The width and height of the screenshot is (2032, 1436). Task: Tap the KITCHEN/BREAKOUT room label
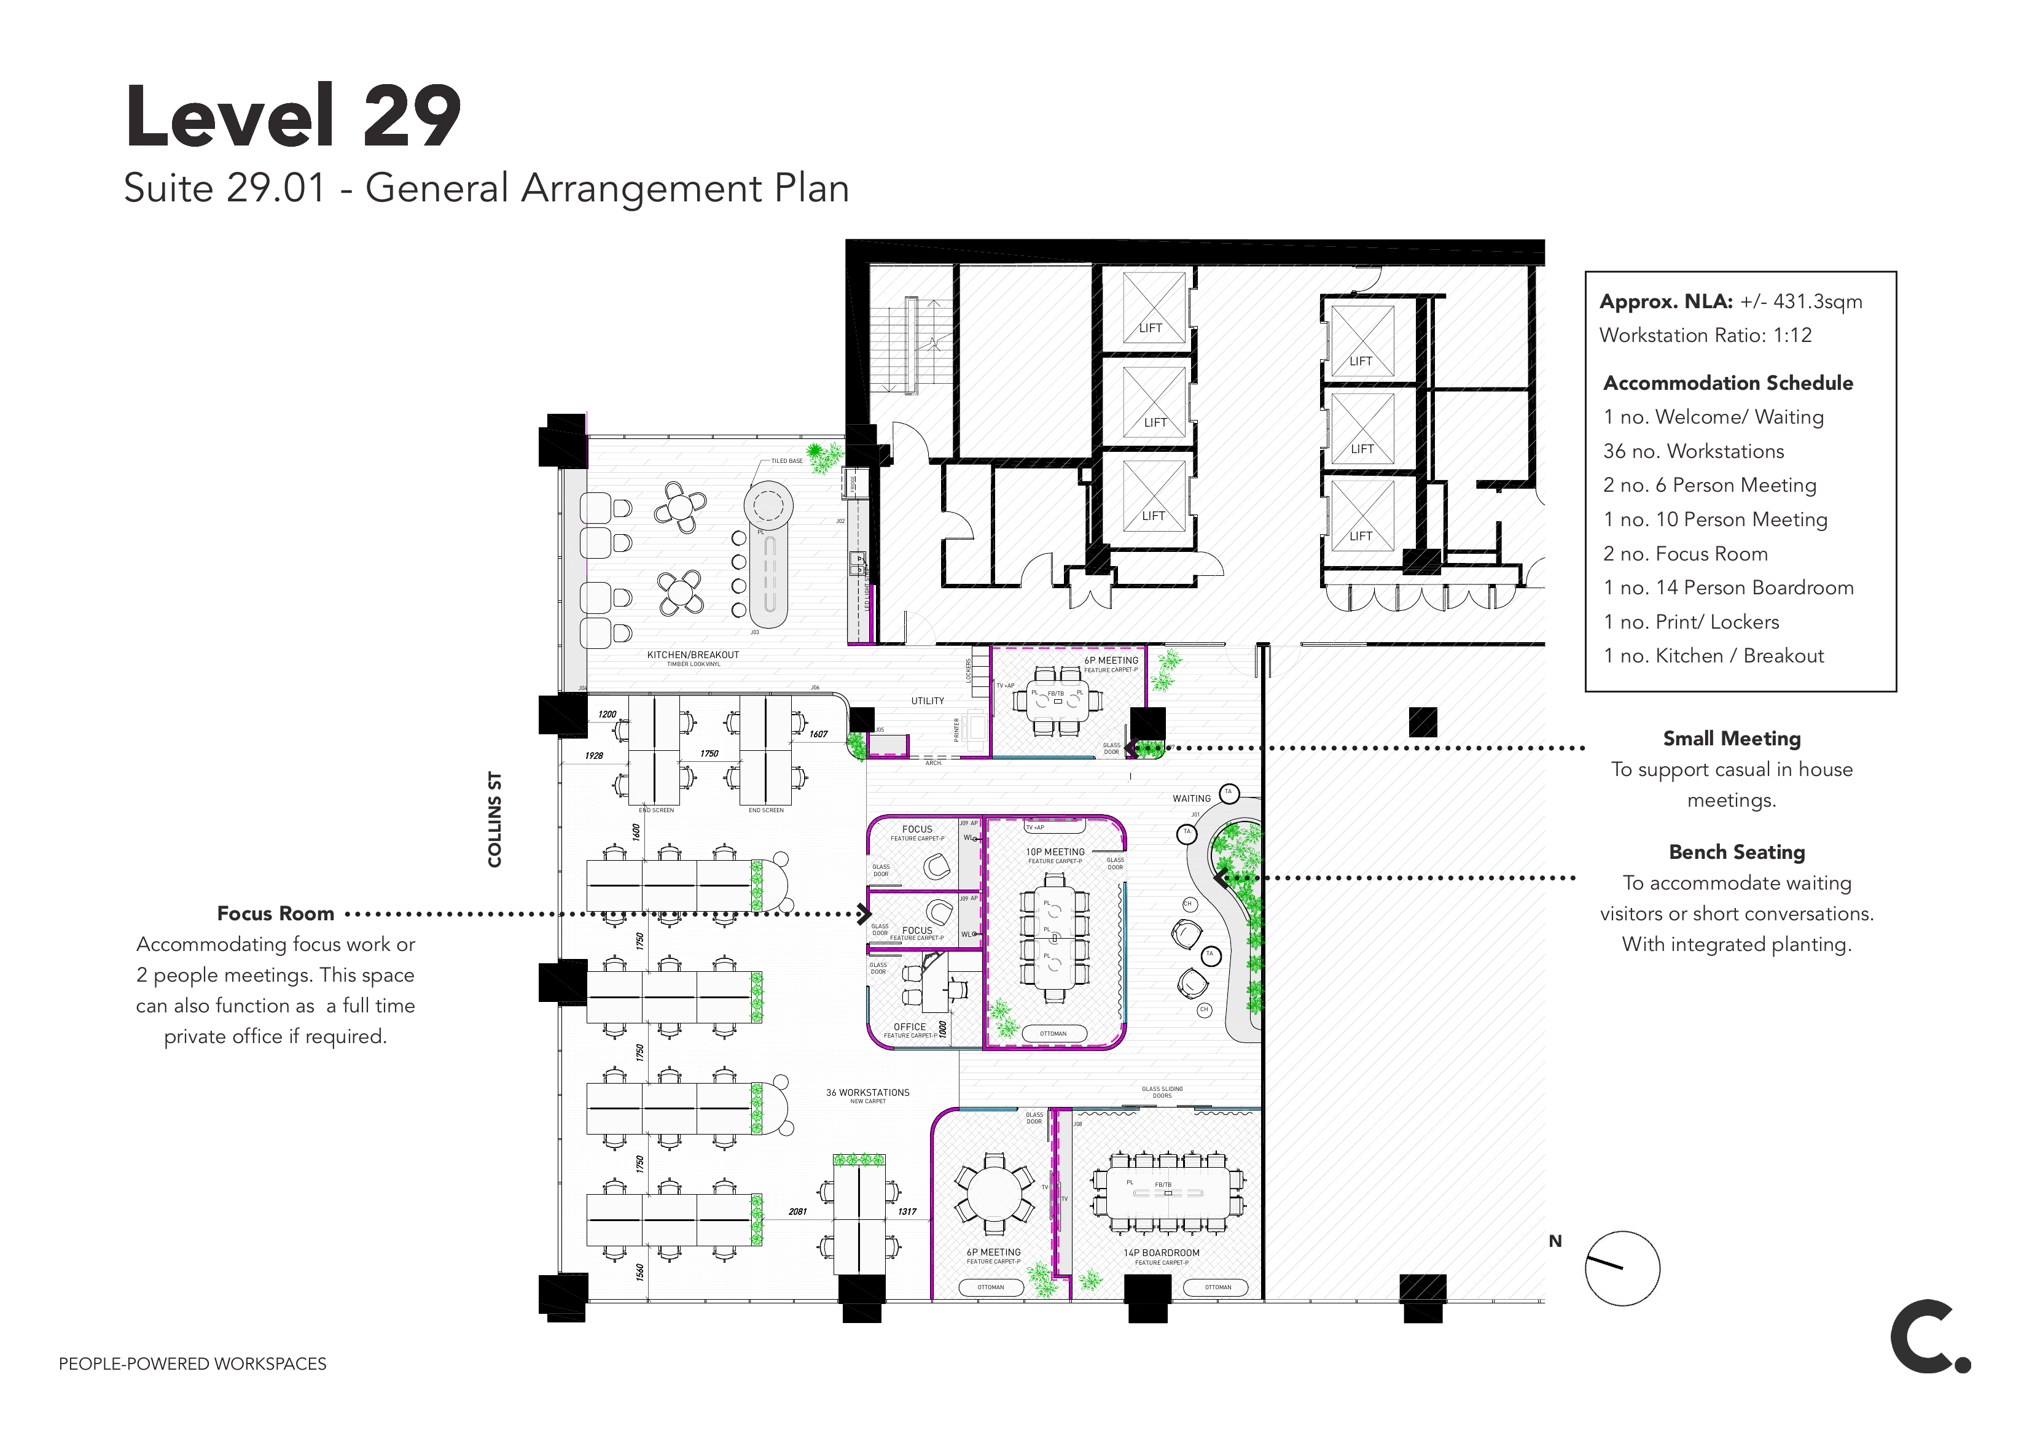692,654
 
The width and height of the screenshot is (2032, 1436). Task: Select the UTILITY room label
928,701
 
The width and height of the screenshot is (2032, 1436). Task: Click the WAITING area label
1191,798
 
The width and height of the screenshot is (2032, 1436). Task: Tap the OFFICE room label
910,1027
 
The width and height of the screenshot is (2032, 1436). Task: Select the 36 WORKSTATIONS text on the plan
867,1093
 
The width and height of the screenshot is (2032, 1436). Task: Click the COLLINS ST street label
494,820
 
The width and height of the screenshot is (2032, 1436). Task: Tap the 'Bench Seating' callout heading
1737,852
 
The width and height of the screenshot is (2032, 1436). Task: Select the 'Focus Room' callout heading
275,913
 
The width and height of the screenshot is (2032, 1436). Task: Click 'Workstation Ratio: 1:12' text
1705,335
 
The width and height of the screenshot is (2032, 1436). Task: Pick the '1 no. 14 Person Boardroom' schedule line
1727,588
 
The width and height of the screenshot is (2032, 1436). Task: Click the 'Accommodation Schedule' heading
1727,383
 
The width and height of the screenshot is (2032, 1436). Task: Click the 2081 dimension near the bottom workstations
797,1211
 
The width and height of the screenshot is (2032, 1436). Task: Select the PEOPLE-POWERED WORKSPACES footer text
192,1364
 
